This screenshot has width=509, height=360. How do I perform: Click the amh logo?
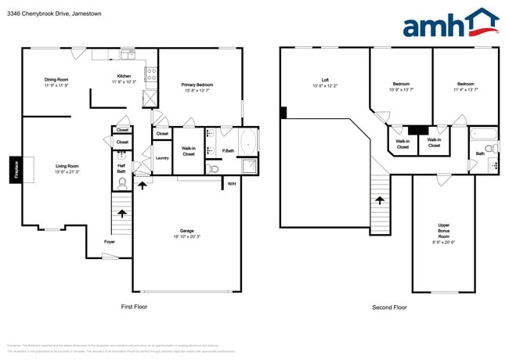tap(449, 23)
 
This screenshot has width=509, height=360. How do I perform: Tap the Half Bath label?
tap(122, 167)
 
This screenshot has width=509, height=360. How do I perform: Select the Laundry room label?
tap(162, 158)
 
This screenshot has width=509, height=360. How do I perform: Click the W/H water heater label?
tap(231, 184)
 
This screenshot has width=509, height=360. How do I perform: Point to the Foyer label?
tap(110, 242)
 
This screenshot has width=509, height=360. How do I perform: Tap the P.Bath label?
tap(228, 150)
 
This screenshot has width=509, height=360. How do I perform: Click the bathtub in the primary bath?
tap(249, 142)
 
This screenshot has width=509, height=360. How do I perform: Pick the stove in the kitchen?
tap(150, 75)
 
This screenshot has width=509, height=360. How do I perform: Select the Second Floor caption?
tap(389, 308)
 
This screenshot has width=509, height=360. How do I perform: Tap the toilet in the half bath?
tap(122, 183)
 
